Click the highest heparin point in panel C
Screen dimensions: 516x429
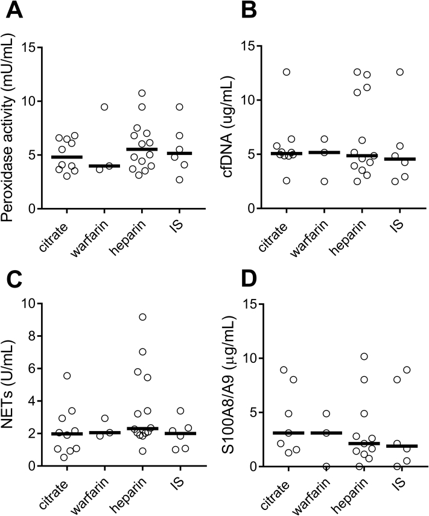point(142,317)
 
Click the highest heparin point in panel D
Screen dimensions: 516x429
point(363,357)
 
